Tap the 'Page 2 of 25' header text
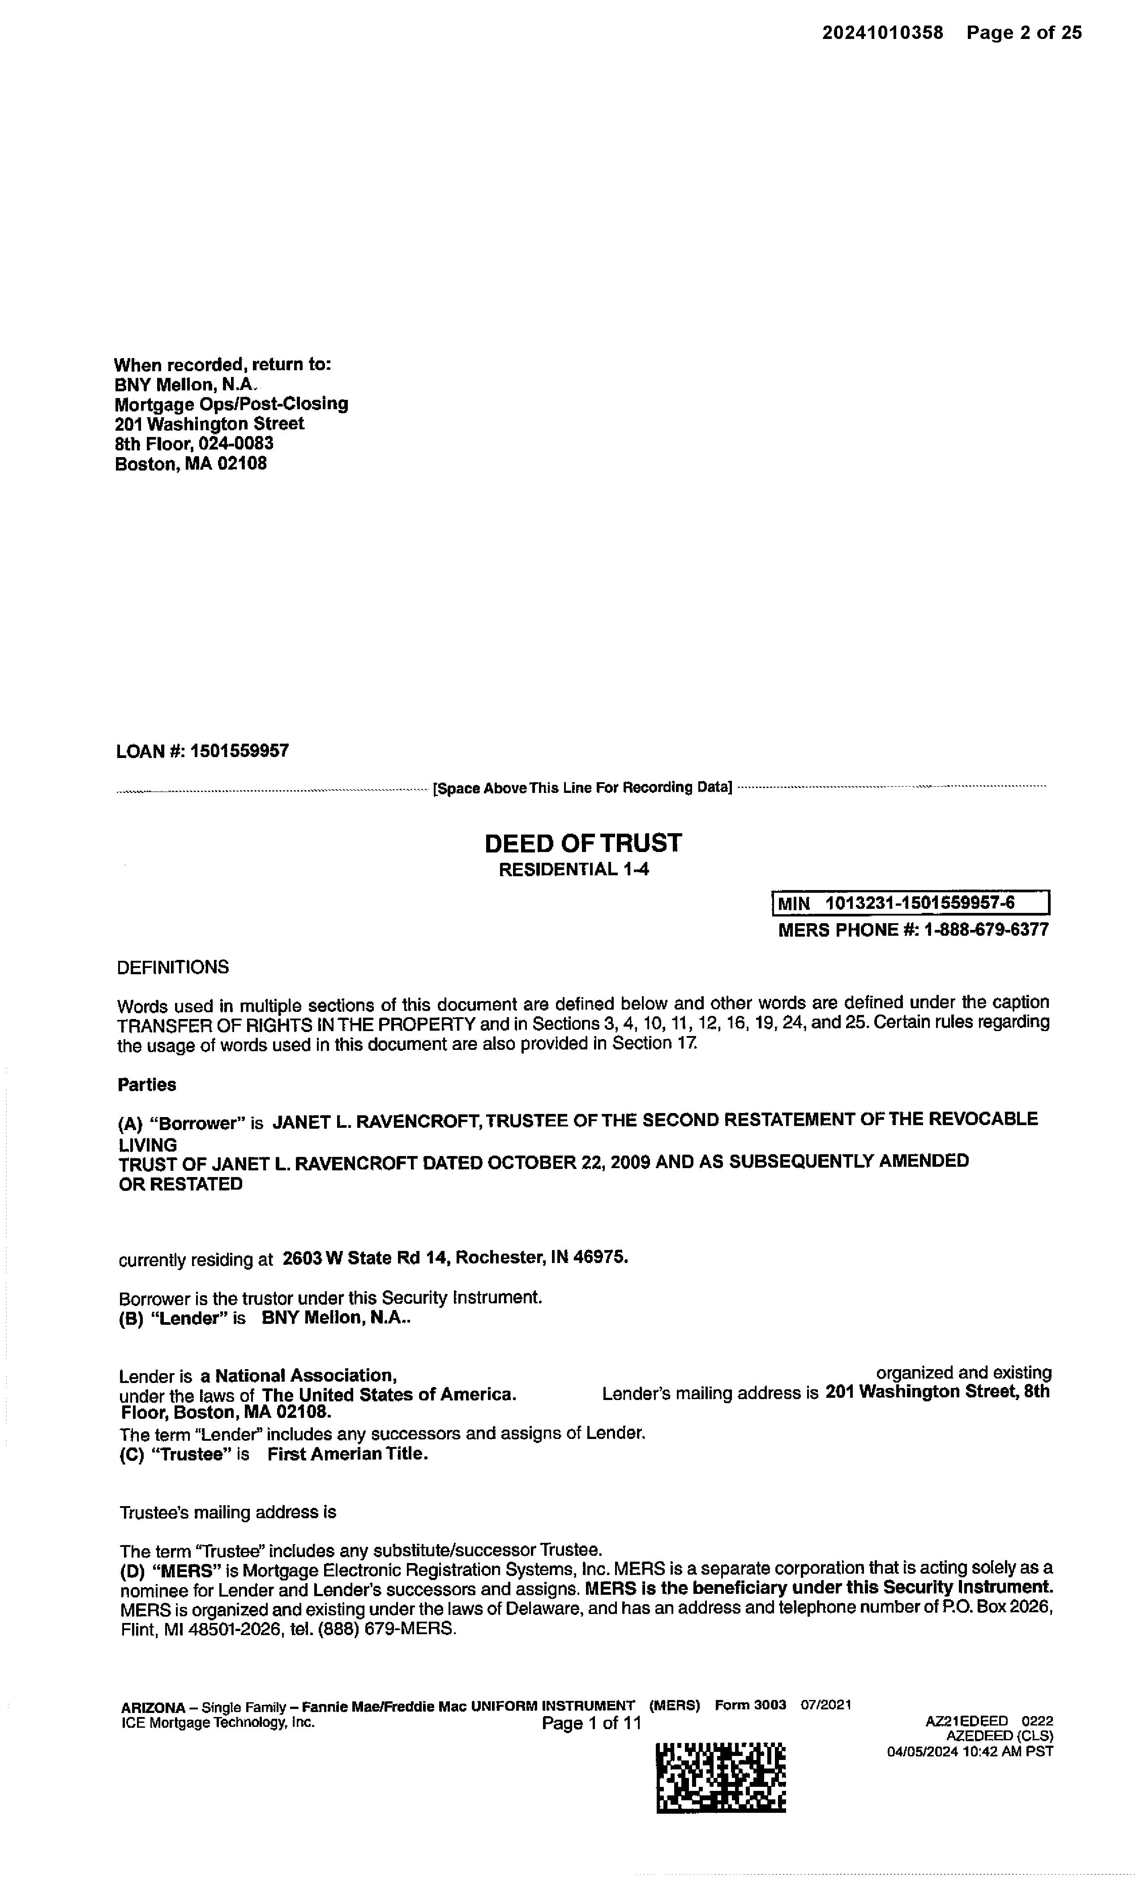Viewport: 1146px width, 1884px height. coord(1024,33)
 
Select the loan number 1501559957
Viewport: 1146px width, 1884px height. coord(239,751)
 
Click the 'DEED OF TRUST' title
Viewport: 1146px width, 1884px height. coord(582,844)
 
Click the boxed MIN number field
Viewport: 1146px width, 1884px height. coord(911,903)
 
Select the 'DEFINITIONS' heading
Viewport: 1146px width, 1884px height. coord(173,967)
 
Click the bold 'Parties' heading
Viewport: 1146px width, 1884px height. coord(147,1085)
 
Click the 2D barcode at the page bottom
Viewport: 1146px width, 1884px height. coord(720,1778)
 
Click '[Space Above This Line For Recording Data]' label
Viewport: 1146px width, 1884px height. coord(582,788)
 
